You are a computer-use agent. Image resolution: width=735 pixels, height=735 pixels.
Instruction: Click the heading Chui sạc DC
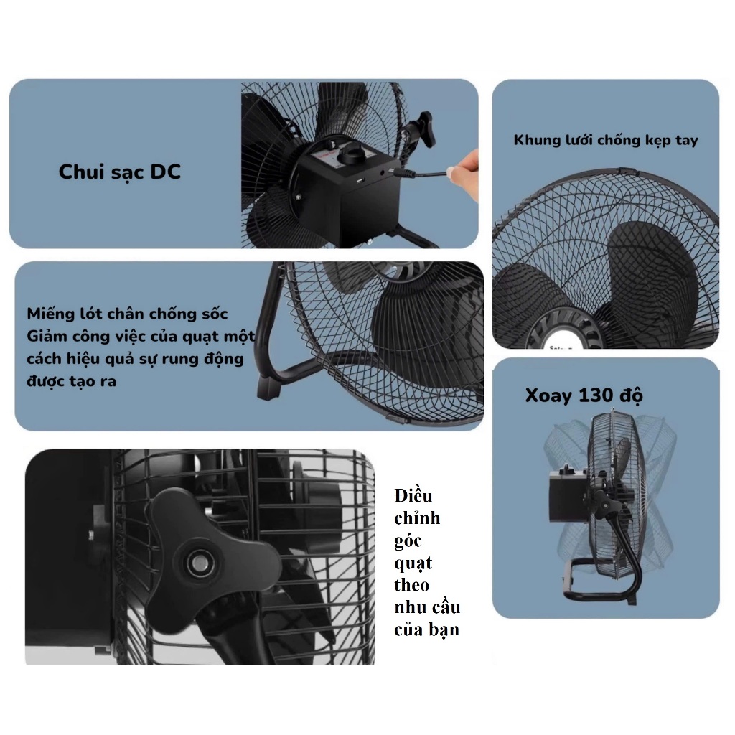(120, 172)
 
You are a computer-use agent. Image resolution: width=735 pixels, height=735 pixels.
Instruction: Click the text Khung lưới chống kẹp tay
(606, 140)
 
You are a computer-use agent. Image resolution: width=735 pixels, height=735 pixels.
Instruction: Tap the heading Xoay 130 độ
(584, 395)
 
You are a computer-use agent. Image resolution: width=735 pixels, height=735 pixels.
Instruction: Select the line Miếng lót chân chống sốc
(127, 314)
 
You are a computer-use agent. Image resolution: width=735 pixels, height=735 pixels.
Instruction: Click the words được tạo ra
(71, 381)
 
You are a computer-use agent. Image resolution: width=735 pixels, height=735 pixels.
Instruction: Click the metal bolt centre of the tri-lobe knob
(200, 563)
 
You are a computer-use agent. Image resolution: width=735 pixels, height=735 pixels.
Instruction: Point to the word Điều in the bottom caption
(413, 495)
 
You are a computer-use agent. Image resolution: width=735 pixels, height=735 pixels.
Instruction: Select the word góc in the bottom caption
(408, 541)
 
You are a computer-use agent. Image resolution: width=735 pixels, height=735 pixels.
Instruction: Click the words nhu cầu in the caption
(428, 607)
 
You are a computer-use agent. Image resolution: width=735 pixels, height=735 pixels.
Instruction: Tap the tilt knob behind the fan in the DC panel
(421, 128)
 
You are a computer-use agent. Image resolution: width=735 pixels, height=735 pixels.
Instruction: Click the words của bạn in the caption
(426, 630)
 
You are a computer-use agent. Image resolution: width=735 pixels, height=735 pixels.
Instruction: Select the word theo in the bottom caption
(412, 585)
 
